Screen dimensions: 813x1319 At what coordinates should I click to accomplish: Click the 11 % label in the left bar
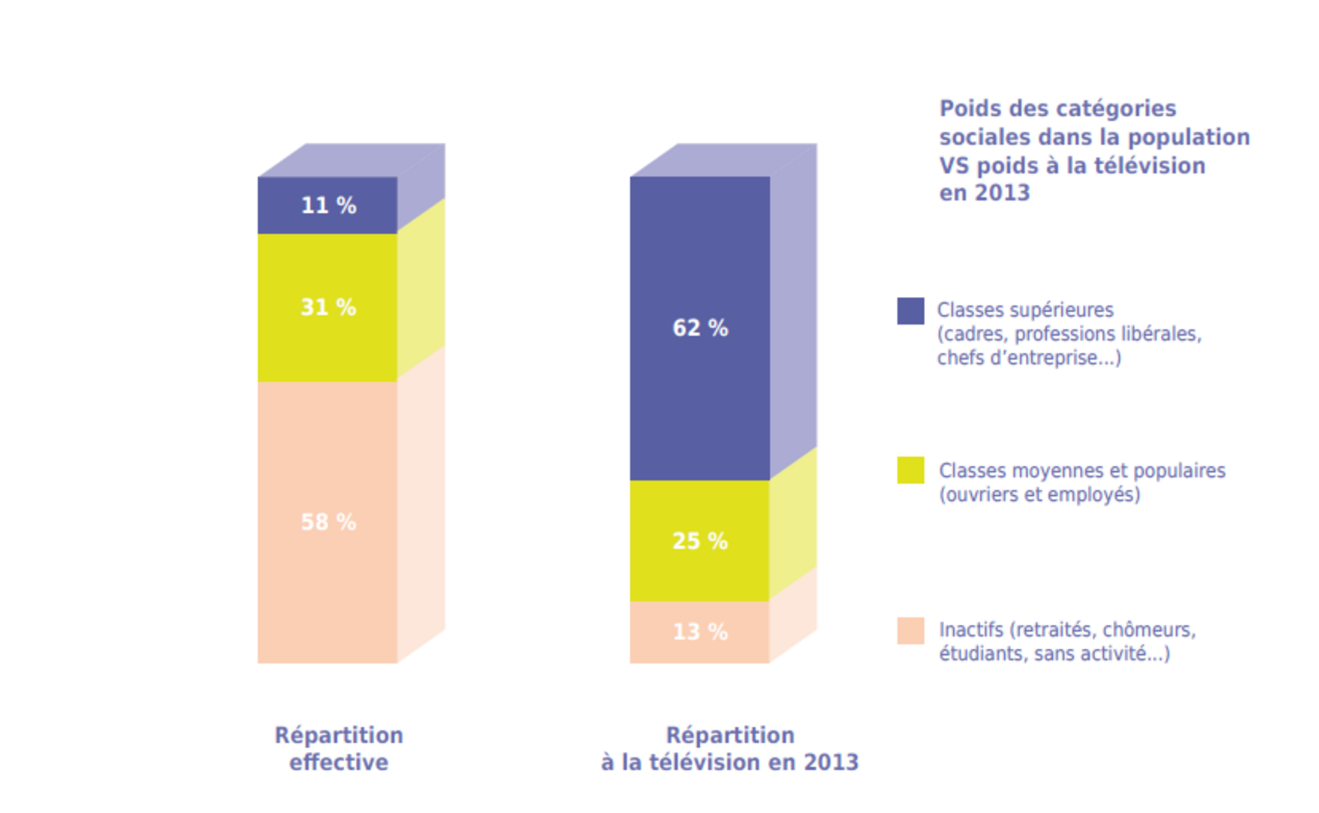pyautogui.click(x=329, y=206)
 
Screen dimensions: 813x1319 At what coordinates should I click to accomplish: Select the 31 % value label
pyautogui.click(x=329, y=308)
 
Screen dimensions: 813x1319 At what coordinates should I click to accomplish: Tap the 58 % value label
pyautogui.click(x=329, y=522)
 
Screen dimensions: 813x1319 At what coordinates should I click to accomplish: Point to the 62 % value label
pyautogui.click(x=700, y=328)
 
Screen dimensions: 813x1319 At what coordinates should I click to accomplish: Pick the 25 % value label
pyautogui.click(x=700, y=541)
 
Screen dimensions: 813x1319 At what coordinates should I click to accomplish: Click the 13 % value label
pyautogui.click(x=700, y=632)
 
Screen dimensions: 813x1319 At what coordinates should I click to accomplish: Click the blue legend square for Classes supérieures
pyautogui.click(x=910, y=311)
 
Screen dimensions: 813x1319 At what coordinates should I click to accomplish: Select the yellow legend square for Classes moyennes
pyautogui.click(x=910, y=470)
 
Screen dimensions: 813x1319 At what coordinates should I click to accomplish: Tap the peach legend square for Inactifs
pyautogui.click(x=910, y=631)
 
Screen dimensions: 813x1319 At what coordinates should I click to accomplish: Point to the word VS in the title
pyautogui.click(x=953, y=166)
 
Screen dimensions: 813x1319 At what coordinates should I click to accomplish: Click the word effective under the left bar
pyautogui.click(x=339, y=763)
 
